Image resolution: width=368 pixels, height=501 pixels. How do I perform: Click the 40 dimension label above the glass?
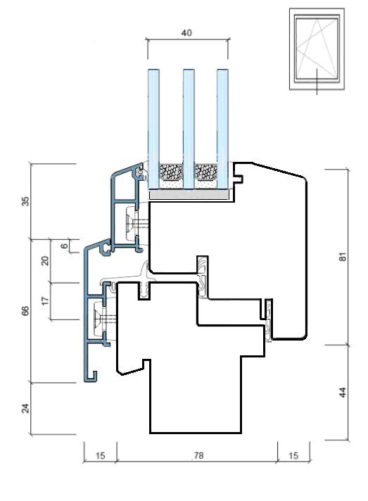pyautogui.click(x=186, y=33)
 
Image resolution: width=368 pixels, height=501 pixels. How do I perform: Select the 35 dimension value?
pyautogui.click(x=25, y=201)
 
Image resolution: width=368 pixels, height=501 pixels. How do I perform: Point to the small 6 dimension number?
pyautogui.click(x=65, y=246)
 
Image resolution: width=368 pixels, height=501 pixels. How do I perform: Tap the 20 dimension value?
pyautogui.click(x=45, y=261)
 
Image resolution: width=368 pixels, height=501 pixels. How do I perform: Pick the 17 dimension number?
pyautogui.click(x=45, y=300)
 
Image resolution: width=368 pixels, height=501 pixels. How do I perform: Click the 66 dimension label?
pyautogui.click(x=25, y=310)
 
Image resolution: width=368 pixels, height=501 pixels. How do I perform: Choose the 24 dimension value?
pyautogui.click(x=25, y=408)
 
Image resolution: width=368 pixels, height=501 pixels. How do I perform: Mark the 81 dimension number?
pyautogui.click(x=342, y=257)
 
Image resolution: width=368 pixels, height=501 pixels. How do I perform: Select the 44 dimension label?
pyautogui.click(x=342, y=392)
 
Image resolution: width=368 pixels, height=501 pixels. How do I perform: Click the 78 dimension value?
pyautogui.click(x=198, y=456)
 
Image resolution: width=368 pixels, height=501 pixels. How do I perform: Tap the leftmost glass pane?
pyautogui.click(x=153, y=129)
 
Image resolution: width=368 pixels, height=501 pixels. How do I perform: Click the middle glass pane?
pyautogui.click(x=189, y=129)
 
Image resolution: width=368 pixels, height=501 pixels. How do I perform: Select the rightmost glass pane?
pyautogui.click(x=222, y=129)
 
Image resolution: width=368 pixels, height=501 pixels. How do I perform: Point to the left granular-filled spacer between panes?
pyautogui.click(x=171, y=172)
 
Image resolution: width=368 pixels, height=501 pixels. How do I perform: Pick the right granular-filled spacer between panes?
pyautogui.click(x=206, y=172)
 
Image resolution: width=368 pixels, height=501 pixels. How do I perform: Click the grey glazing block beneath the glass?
pyautogui.click(x=190, y=194)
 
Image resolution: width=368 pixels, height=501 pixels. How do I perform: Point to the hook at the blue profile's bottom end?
pyautogui.click(x=91, y=377)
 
